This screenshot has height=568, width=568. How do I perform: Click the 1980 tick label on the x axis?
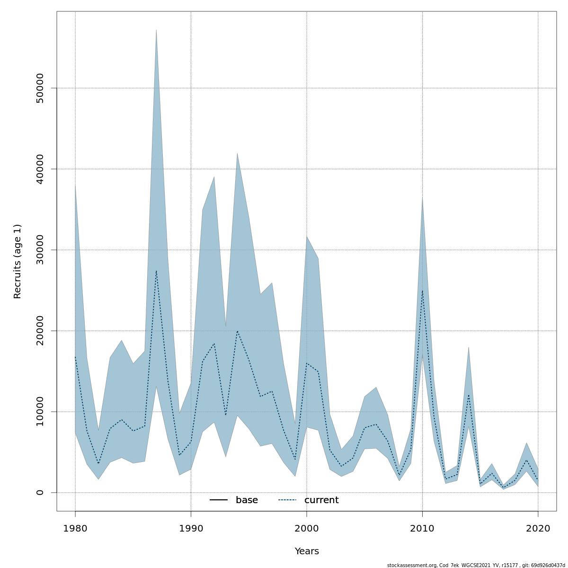[75, 528]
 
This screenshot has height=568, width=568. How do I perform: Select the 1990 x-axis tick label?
[191, 528]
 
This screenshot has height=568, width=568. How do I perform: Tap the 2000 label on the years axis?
[307, 528]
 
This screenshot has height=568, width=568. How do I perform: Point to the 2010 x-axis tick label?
[422, 528]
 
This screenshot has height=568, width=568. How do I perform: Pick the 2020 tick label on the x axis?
[538, 528]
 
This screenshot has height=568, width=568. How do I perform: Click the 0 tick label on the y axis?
[40, 492]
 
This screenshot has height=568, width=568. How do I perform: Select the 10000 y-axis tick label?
[40, 412]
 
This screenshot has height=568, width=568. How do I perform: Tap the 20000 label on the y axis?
[40, 331]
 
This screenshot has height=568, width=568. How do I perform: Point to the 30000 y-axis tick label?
[40, 250]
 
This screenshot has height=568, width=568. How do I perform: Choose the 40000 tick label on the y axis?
[40, 169]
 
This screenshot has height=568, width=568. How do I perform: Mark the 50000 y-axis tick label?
[40, 88]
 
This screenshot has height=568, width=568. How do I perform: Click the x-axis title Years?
[307, 551]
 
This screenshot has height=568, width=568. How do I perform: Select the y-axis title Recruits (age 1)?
[18, 261]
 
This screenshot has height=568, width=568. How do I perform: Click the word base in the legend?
[247, 500]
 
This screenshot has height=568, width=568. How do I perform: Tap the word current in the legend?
[321, 500]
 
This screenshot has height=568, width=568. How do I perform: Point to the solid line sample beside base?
[219, 500]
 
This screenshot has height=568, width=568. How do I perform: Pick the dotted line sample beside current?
[287, 500]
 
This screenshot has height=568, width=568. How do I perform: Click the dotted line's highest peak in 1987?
[156, 271]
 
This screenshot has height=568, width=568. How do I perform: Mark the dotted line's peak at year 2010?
[422, 290]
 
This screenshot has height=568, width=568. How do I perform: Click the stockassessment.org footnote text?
[476, 565]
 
